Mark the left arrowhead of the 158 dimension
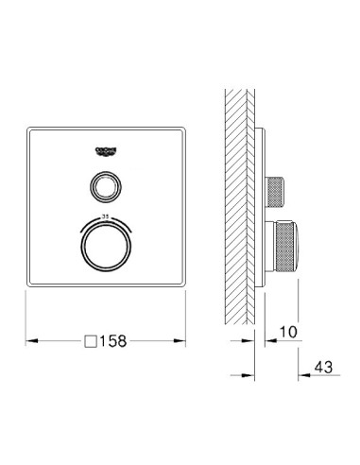tap(28, 339)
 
